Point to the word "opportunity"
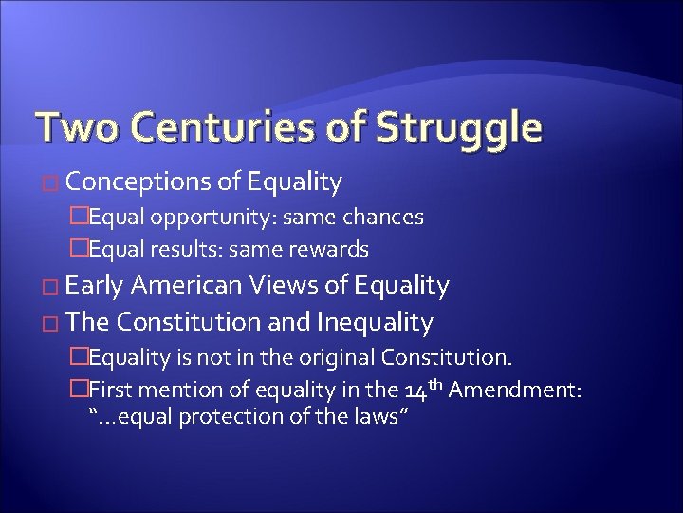coord(247,218)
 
